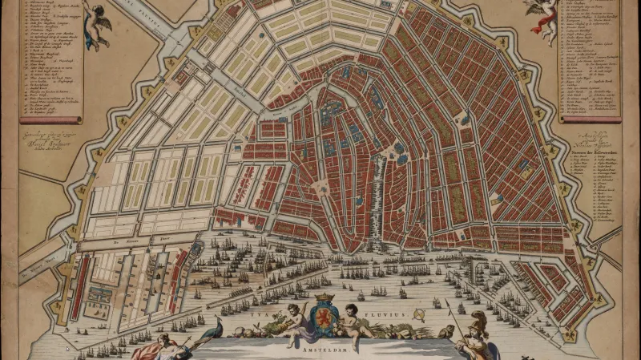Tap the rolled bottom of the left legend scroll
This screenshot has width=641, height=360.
point(51,119)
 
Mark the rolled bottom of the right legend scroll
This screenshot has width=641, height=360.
point(590,119)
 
